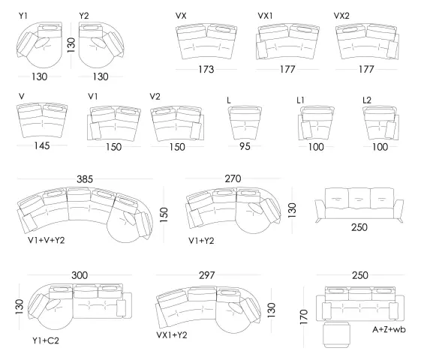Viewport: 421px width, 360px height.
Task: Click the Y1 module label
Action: tap(23, 16)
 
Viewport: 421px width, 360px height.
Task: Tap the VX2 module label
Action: tap(341, 16)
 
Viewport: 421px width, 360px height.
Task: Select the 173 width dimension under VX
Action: tap(206, 70)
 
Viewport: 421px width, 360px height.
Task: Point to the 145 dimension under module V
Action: tap(42, 146)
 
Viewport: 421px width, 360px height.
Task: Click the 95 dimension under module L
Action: tap(245, 146)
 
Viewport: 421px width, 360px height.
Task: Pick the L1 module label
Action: tap(300, 100)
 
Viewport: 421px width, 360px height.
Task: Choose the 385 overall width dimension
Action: tap(85, 179)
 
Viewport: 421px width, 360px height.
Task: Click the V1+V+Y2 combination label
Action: tap(47, 240)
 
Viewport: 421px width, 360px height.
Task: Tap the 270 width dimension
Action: tap(233, 178)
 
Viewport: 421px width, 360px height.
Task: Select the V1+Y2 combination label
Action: tap(201, 241)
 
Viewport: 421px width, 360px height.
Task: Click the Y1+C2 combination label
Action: tap(46, 340)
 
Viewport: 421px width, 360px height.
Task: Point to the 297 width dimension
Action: tap(206, 275)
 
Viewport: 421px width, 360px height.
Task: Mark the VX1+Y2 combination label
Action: tap(172, 335)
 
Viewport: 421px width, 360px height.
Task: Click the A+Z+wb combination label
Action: tap(389, 329)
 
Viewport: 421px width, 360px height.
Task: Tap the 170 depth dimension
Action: tap(303, 316)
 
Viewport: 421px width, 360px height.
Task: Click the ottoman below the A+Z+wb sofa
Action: tap(337, 334)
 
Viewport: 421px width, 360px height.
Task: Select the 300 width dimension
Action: tap(80, 275)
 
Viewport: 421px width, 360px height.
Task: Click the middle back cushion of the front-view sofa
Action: tap(359, 198)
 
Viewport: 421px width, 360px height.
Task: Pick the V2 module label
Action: tap(155, 96)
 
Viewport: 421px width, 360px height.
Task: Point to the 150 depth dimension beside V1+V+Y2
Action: tap(164, 214)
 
